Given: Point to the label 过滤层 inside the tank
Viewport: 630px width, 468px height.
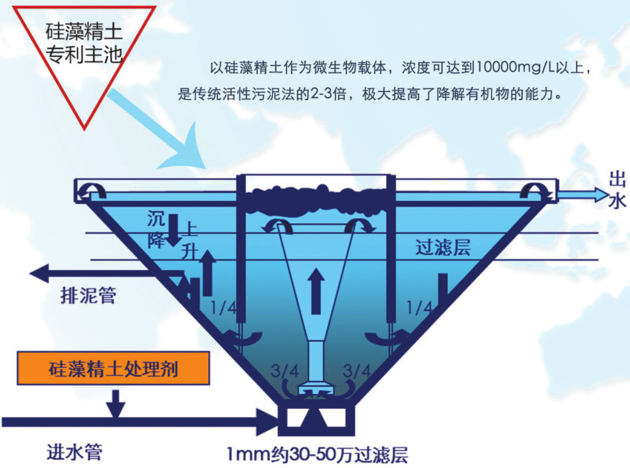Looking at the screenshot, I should pos(443,247).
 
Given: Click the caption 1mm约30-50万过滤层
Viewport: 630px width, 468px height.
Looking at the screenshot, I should pos(317,455).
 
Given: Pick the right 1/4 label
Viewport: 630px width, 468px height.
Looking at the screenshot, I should pos(419,308).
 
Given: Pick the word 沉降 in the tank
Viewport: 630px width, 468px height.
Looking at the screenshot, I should pos(156,227).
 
